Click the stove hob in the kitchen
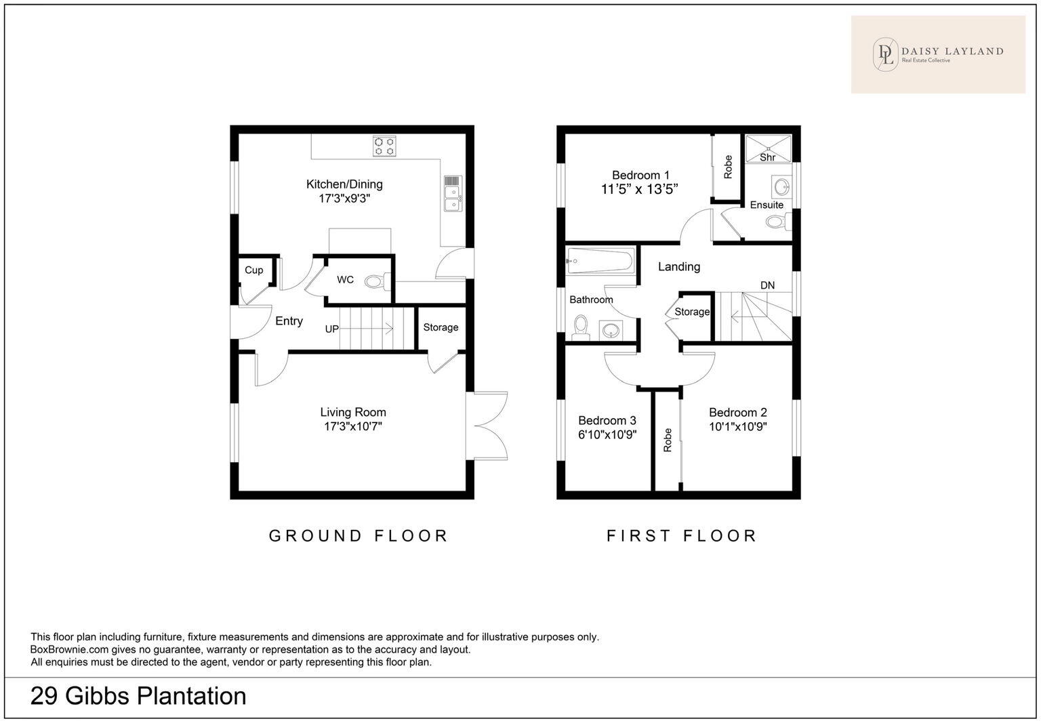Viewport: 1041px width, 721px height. [384, 147]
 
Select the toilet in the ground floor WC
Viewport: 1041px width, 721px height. [375, 281]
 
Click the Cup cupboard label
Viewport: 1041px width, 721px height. [254, 270]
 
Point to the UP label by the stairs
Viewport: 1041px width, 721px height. [331, 329]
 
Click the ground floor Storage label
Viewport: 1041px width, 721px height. [441, 327]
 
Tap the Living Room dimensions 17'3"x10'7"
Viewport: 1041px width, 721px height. [353, 427]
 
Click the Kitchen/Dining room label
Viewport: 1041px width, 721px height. [344, 184]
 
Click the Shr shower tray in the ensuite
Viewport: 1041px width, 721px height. [768, 148]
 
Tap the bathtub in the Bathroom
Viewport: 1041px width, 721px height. [600, 260]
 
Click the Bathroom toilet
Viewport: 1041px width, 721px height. [580, 327]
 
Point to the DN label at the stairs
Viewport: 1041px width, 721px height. [767, 285]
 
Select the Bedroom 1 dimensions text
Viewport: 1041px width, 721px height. [640, 190]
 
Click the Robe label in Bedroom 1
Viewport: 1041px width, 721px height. [728, 167]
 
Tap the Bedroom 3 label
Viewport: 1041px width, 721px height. [607, 420]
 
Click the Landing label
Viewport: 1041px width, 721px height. [678, 267]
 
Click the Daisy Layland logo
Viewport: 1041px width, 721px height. [938, 54]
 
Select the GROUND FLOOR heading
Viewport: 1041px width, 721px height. [359, 536]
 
